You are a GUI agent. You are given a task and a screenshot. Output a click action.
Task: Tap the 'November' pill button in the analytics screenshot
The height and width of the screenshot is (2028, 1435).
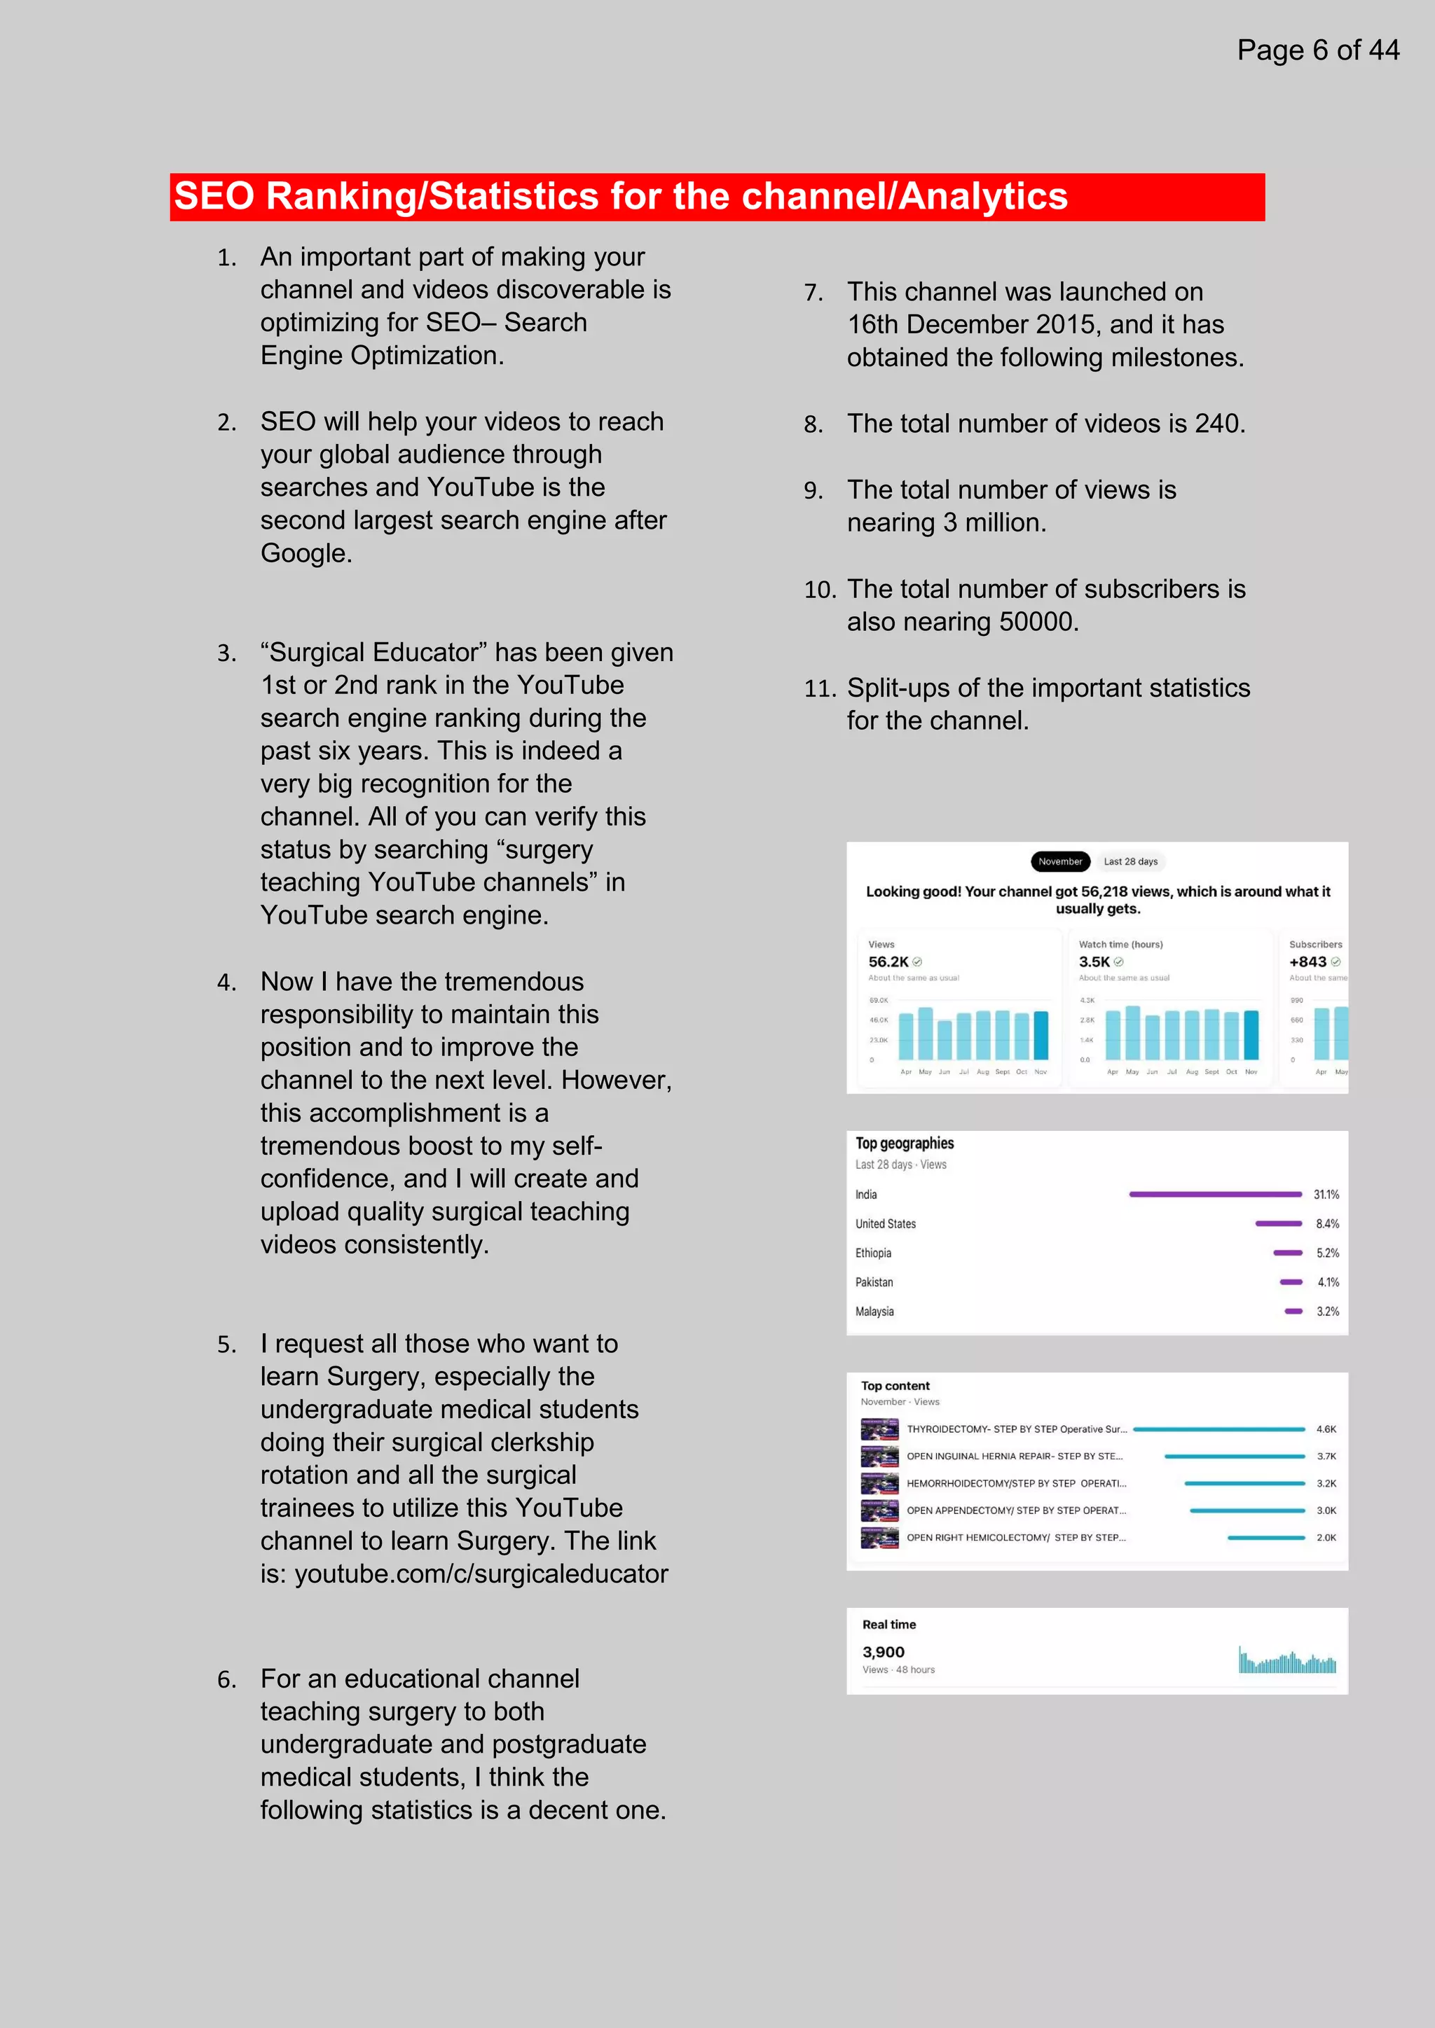pos(1059,861)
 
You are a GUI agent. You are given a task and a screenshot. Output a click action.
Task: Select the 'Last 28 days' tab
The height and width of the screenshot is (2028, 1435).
pos(1130,861)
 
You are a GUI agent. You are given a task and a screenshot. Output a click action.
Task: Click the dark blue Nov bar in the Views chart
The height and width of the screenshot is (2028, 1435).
pos(1041,1034)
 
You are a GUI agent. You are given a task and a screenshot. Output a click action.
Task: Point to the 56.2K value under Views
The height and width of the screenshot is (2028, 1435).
pos(888,962)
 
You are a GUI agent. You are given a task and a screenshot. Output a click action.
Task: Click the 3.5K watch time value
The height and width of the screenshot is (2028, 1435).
pos(1094,962)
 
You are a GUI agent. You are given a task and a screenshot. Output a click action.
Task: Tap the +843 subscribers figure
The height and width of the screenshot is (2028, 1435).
pos(1307,962)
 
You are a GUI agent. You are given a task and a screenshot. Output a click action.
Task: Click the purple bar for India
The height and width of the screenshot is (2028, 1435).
pos(1215,1194)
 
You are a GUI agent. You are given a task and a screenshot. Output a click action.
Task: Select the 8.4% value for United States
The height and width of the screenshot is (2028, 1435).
pos(1327,1224)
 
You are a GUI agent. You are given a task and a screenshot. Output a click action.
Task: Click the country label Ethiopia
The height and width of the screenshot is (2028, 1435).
pos(873,1253)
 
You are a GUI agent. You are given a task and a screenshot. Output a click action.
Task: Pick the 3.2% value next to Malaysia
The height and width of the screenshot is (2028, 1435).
pos(1327,1312)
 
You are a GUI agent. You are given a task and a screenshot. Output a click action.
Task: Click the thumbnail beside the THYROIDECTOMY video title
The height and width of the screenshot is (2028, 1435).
pos(879,1429)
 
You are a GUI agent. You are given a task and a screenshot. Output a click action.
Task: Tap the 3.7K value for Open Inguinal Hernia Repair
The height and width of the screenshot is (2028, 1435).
pos(1326,1457)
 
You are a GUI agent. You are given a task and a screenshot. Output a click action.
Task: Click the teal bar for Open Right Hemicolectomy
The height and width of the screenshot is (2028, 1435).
pos(1265,1538)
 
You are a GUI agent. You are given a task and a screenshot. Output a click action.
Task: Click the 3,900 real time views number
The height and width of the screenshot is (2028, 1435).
pos(884,1652)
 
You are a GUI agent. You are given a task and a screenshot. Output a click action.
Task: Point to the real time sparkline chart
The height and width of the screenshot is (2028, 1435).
pos(1286,1662)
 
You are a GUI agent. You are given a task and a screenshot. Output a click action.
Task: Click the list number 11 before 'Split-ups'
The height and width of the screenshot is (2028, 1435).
pos(818,689)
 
